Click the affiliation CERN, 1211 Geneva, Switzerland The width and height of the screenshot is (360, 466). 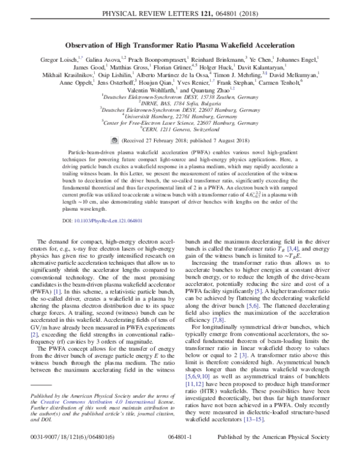point(179,128)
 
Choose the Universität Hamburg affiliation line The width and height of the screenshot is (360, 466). point(179,115)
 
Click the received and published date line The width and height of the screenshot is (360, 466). point(184,138)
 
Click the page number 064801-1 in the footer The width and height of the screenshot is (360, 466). point(181,455)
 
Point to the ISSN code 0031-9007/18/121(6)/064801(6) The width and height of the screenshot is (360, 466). point(70,455)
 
